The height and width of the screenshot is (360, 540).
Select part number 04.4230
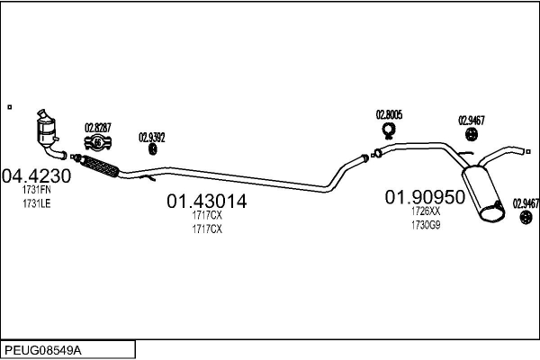[36, 176]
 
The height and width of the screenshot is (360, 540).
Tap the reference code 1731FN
[37, 190]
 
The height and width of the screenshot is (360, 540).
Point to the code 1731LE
[37, 203]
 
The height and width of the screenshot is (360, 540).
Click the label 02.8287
[98, 128]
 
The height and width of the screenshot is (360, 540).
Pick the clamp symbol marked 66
[98, 142]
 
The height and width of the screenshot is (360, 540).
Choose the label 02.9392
[152, 138]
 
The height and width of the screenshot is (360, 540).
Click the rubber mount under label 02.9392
[153, 149]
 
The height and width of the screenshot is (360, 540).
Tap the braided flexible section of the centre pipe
[100, 166]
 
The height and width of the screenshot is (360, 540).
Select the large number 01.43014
[207, 202]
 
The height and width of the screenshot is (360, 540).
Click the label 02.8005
[389, 114]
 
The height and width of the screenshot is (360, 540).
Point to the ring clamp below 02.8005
[389, 130]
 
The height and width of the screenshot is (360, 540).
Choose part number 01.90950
[425, 197]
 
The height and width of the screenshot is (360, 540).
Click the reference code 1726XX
[426, 211]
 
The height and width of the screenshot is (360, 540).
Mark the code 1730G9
[426, 225]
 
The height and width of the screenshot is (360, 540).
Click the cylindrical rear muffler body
[482, 193]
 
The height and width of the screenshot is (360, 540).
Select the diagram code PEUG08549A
[43, 351]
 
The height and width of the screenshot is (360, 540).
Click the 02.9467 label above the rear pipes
[471, 121]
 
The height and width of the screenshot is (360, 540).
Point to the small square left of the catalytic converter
[10, 107]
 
